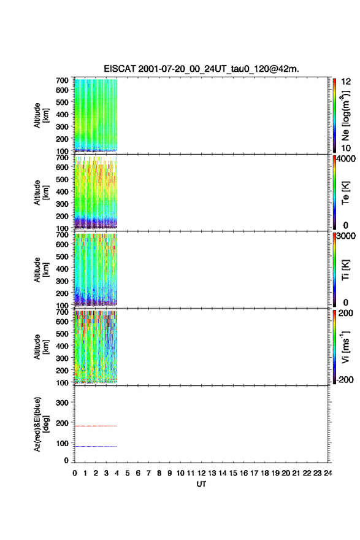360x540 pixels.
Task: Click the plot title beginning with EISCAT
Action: point(201,69)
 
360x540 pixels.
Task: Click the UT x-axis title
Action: point(201,484)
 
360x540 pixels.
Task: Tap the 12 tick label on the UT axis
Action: point(201,473)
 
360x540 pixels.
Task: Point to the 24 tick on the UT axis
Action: point(327,473)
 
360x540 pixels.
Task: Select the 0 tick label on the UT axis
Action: point(75,473)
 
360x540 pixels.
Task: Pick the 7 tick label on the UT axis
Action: point(148,473)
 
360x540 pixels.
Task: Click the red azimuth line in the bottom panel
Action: point(96,426)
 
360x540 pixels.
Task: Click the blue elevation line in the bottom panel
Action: point(96,446)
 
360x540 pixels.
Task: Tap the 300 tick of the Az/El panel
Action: point(62,403)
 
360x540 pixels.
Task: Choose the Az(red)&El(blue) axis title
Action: point(41,424)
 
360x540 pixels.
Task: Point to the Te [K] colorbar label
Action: point(345,193)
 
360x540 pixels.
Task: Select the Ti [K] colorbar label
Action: point(345,269)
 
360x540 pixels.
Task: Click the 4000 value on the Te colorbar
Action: point(346,159)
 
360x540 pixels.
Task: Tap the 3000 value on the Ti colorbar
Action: point(346,236)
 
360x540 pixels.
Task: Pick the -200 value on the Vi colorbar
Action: point(345,379)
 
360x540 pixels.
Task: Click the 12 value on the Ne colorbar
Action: point(346,82)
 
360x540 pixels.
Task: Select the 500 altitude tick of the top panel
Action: point(62,102)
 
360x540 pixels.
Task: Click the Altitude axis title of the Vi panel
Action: point(41,347)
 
